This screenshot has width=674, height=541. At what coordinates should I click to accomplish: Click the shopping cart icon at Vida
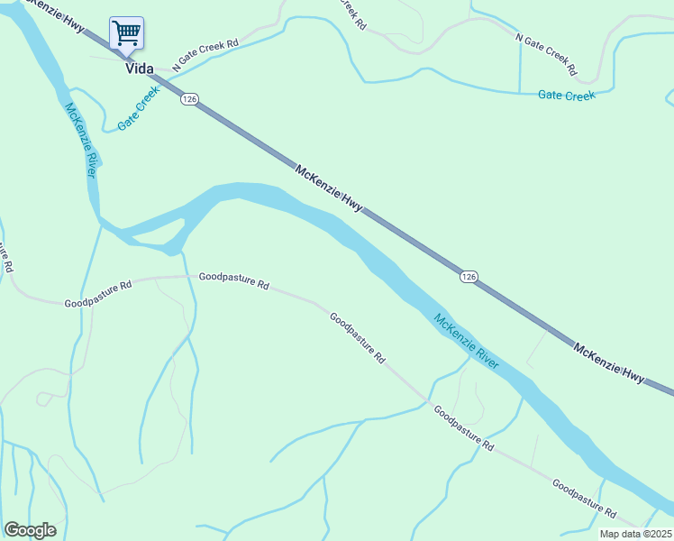[x=127, y=34]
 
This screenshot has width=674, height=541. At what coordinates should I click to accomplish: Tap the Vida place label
[x=139, y=69]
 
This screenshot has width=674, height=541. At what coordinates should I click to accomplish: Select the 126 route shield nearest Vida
[x=188, y=99]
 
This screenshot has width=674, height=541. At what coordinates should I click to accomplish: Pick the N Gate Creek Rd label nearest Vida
[x=206, y=52]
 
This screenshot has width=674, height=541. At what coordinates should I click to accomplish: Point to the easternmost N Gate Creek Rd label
[x=546, y=53]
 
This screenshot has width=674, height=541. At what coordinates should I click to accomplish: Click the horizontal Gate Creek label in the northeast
[x=566, y=95]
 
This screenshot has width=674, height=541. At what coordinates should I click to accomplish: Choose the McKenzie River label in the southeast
[x=466, y=341]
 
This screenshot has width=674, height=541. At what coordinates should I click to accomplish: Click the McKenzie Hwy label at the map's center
[x=329, y=188]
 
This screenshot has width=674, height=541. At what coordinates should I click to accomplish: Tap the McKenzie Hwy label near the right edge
[x=610, y=362]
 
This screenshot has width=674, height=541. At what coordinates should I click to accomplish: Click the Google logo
[x=30, y=530]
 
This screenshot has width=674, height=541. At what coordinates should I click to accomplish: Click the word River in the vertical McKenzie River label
[x=88, y=160]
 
